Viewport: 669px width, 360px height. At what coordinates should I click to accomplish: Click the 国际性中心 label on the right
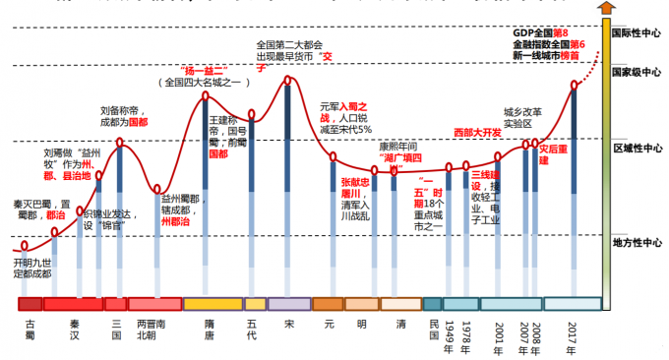636,31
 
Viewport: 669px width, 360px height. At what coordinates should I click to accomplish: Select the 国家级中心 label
636,72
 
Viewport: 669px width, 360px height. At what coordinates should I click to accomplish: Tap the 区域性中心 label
636,149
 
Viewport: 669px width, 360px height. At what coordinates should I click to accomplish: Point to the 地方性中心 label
636,241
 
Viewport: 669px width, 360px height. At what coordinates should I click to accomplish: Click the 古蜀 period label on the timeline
30,329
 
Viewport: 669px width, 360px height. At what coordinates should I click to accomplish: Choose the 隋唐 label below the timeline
209,329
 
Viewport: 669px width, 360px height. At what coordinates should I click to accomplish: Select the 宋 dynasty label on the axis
288,322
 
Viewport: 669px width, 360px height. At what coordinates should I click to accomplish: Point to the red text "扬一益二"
207,70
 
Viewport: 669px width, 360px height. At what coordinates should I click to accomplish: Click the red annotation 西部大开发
478,132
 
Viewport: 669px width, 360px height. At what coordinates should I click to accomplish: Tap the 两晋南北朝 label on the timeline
153,329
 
